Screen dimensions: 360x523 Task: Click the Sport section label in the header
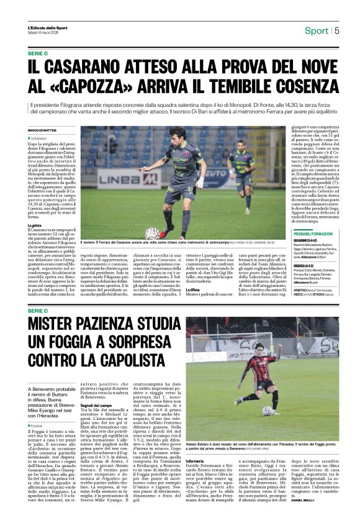click(x=317, y=30)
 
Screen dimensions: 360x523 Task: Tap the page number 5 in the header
click(x=337, y=30)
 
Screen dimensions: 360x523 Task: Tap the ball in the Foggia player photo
click(x=268, y=411)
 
